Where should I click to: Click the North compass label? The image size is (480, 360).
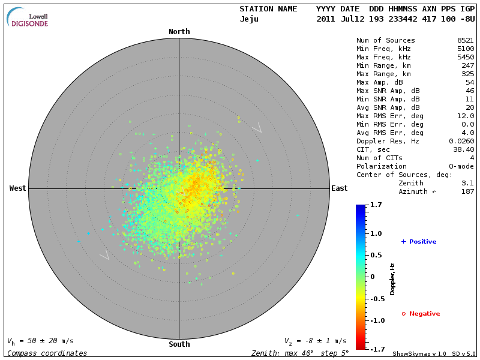coord(179,32)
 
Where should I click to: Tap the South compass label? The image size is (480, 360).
coord(179,344)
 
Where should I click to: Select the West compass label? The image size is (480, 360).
coord(18,188)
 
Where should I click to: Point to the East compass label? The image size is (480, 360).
coord(339,188)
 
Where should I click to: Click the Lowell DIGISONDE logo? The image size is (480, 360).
coord(28,17)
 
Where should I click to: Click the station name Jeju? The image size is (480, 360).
coord(249,19)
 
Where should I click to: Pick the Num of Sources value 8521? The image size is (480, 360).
coord(465,40)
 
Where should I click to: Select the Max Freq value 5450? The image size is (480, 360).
coord(465,57)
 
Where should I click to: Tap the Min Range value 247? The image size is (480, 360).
coord(467,65)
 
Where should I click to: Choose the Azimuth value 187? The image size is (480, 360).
coord(467,191)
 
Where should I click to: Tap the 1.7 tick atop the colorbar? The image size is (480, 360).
coord(376,205)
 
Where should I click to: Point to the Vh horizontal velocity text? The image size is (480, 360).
coord(41,341)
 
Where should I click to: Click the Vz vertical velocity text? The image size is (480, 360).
coord(315,341)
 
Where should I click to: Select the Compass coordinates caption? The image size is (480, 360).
coord(47,353)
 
